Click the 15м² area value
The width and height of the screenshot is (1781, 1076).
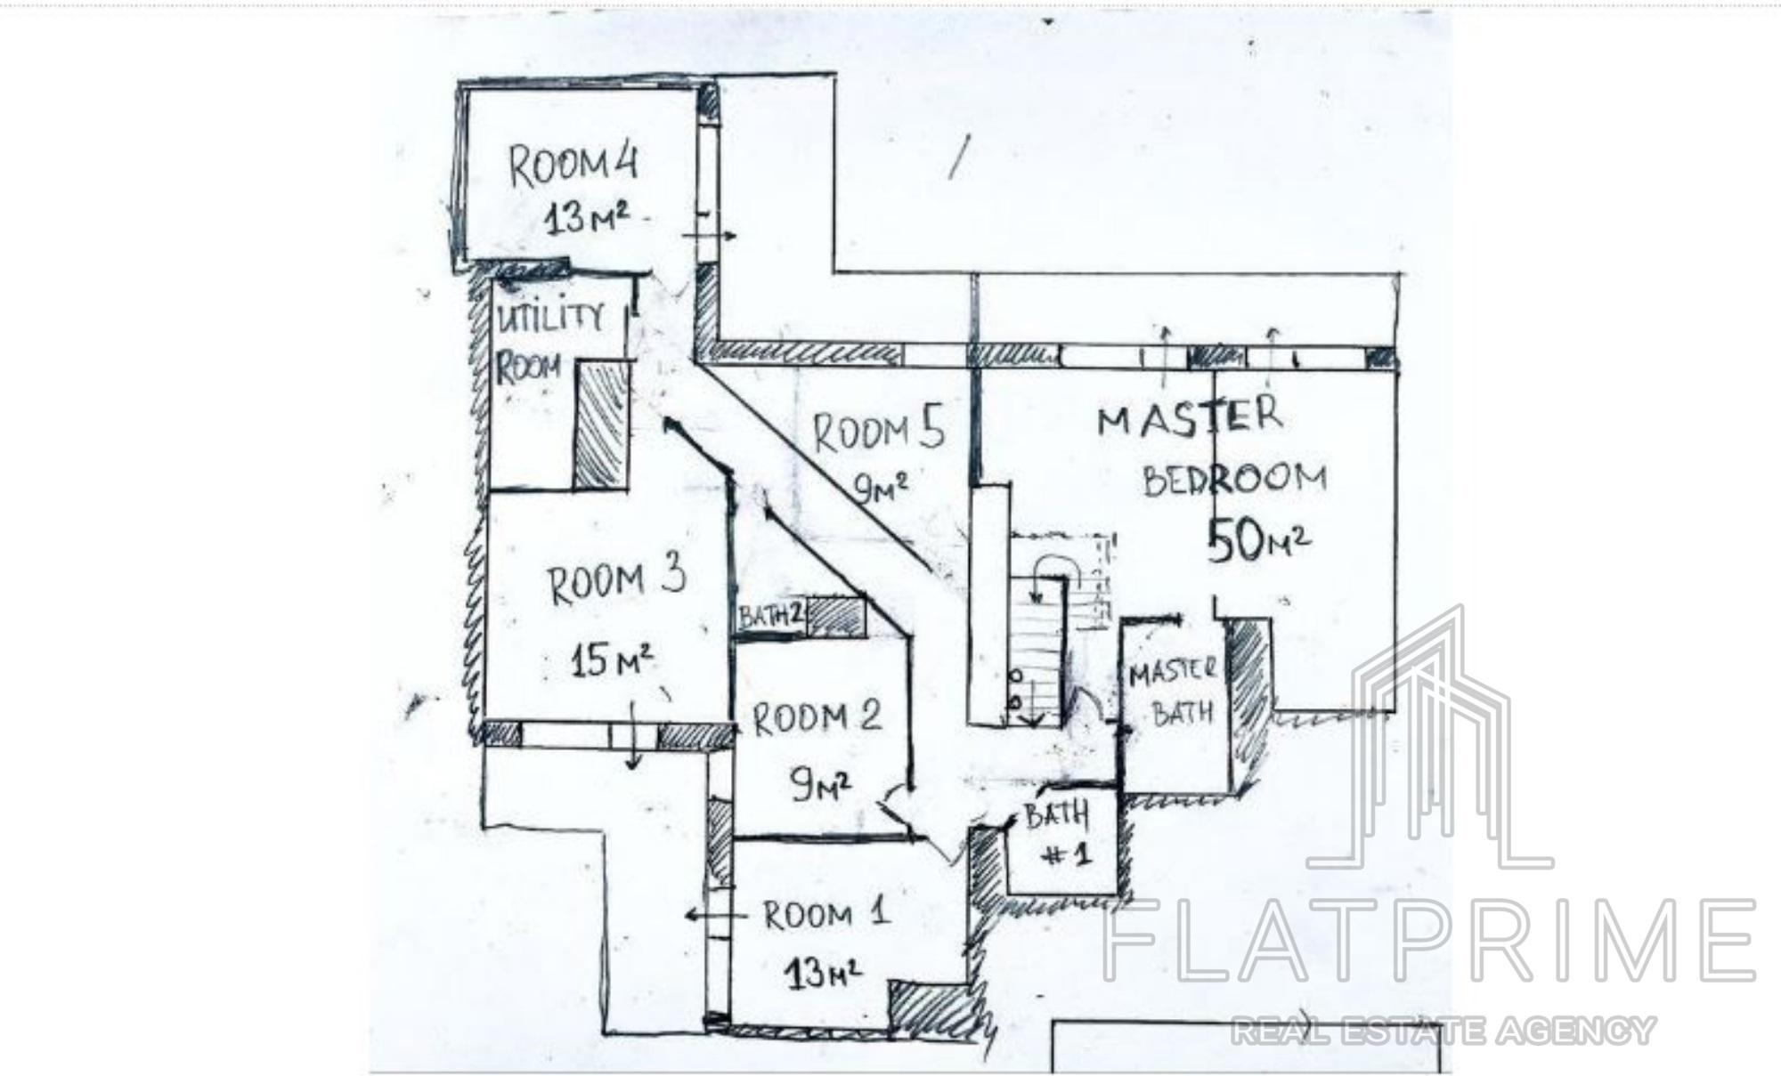pyautogui.click(x=612, y=659)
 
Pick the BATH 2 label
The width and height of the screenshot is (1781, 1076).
pyautogui.click(x=771, y=616)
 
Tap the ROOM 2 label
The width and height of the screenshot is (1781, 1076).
pyautogui.click(x=817, y=717)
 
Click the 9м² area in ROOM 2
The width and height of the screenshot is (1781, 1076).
pyautogui.click(x=820, y=784)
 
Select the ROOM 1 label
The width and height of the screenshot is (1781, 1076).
pyautogui.click(x=825, y=914)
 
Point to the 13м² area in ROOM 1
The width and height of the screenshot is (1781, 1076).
pyautogui.click(x=822, y=973)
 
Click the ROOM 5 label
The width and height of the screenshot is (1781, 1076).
pyautogui.click(x=878, y=432)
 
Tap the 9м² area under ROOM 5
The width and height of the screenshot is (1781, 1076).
pyautogui.click(x=881, y=487)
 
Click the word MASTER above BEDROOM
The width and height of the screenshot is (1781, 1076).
pyautogui.click(x=1190, y=417)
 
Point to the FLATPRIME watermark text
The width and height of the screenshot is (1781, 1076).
pyautogui.click(x=1428, y=941)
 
